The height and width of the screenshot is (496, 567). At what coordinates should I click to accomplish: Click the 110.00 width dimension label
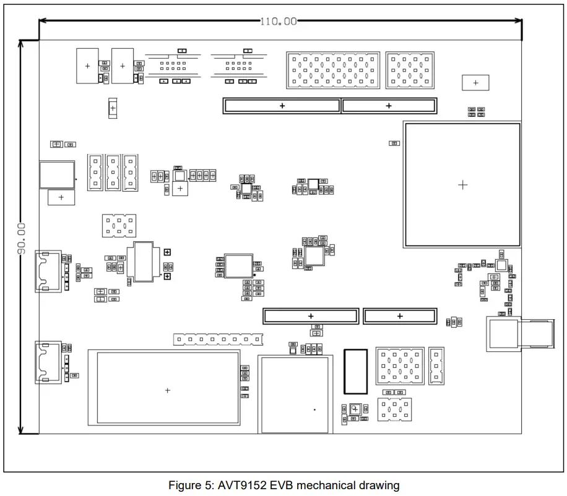click(278, 21)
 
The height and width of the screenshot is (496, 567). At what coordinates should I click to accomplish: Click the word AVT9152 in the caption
click(242, 485)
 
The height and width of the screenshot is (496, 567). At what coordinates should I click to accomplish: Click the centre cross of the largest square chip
click(462, 185)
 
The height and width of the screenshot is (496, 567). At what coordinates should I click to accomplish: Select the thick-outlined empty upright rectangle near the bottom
click(355, 371)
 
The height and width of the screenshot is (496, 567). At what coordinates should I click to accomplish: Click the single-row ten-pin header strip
click(218, 340)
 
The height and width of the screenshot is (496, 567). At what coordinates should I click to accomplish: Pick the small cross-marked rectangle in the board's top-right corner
click(475, 82)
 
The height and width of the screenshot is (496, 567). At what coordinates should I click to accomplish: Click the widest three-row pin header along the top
click(332, 69)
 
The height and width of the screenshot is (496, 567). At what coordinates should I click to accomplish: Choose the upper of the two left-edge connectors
click(48, 271)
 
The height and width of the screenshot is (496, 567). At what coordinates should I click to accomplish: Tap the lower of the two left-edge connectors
click(48, 362)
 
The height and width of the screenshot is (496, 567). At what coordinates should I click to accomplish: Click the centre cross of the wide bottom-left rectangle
click(168, 390)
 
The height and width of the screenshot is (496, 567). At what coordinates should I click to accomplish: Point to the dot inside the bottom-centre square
click(314, 409)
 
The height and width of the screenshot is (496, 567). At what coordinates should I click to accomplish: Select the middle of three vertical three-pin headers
click(113, 173)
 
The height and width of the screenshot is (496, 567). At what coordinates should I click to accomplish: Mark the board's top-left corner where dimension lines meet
click(39, 41)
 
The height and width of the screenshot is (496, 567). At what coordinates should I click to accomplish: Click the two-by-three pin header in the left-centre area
click(119, 226)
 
